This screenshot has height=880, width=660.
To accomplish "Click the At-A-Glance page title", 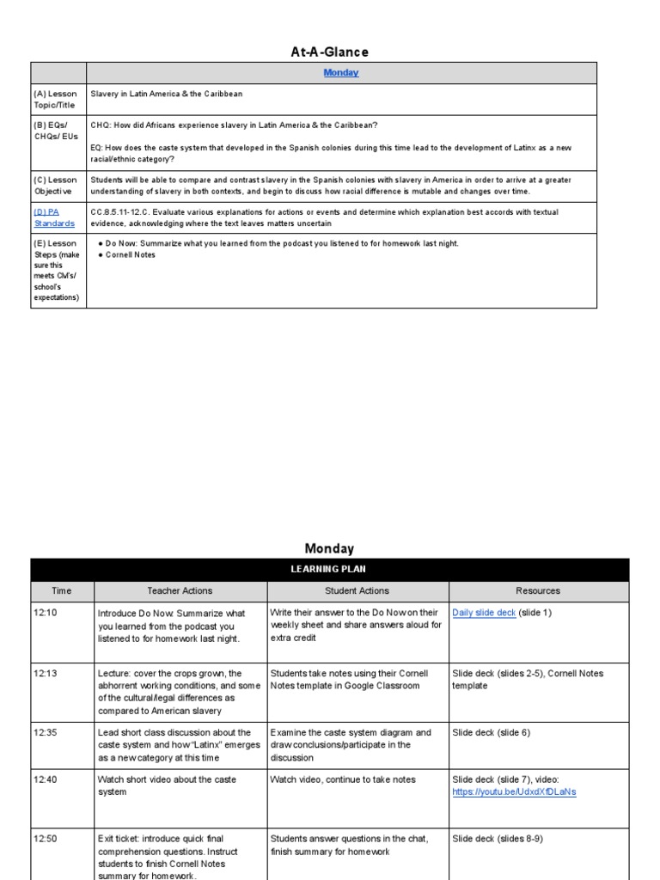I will [329, 52].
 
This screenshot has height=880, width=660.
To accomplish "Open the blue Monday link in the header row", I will [341, 73].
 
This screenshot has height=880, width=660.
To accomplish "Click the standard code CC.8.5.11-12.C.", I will [126, 211].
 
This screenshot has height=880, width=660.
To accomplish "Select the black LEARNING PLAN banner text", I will [330, 570].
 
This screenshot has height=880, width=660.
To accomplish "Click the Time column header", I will [62, 591].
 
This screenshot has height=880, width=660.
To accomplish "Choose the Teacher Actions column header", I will [180, 591].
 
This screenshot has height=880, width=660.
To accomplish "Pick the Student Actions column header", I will [357, 591].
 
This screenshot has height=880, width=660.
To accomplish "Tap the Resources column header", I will [538, 591].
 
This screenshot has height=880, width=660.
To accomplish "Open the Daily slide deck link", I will [484, 613].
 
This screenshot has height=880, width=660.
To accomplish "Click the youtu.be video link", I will [514, 792].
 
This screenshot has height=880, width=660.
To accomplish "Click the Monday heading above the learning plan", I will [329, 548].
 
